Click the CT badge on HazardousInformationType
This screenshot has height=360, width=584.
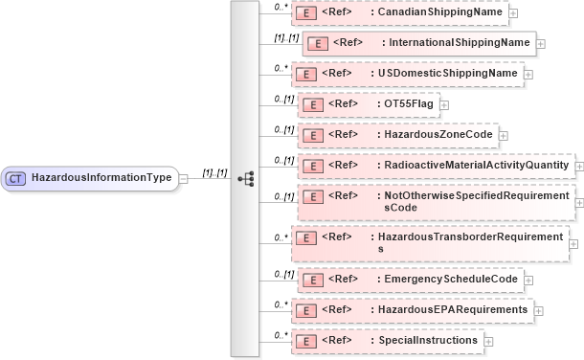16,178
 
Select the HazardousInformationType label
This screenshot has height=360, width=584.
101,178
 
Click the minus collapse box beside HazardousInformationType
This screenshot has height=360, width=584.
184,178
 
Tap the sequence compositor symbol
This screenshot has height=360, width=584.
245,178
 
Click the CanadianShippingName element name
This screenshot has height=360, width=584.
438,12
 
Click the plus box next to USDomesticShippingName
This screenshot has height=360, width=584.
528,74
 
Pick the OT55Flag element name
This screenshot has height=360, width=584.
408,104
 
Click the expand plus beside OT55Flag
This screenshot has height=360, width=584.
443,104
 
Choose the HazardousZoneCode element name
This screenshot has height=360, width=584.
437,135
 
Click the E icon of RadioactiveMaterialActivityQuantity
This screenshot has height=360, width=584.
310,166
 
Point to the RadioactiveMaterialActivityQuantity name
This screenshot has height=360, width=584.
472,166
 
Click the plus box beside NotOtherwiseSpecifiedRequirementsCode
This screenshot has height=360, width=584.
578,202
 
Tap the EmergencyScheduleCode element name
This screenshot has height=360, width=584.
449,279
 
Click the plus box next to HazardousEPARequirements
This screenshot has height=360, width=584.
539,310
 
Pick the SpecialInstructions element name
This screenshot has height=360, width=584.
429,341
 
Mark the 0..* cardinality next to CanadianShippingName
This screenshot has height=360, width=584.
280,7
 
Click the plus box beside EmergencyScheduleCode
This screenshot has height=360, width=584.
529,280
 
